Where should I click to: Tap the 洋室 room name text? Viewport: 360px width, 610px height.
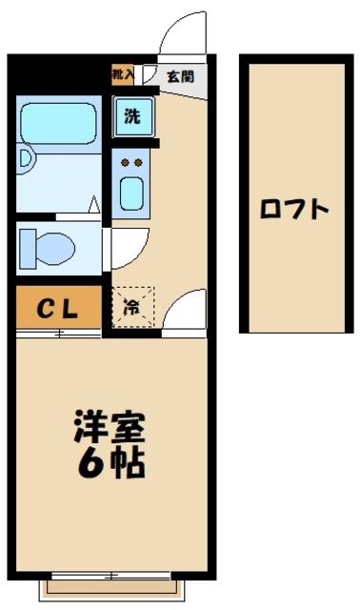point(110,426)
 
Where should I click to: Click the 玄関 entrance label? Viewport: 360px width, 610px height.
point(181,75)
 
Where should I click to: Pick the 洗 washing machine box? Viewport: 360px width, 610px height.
point(132,117)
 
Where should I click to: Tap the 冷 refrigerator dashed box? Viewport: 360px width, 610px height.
point(130,308)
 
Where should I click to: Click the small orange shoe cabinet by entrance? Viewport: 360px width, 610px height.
point(121,74)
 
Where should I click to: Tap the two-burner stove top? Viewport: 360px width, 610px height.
point(132,162)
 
